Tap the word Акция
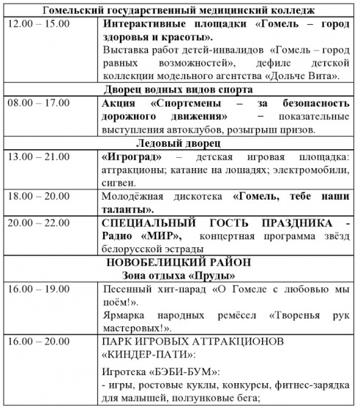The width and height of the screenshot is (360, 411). click(x=118, y=103)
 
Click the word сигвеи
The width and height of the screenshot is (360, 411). click(x=118, y=182)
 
